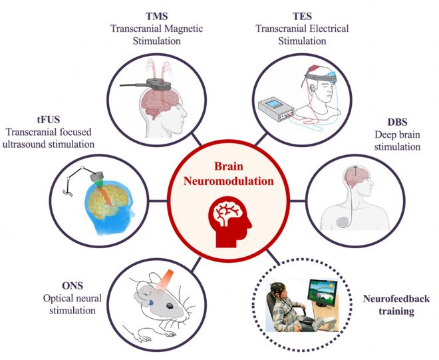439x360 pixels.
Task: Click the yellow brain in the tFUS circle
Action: (106, 199)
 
